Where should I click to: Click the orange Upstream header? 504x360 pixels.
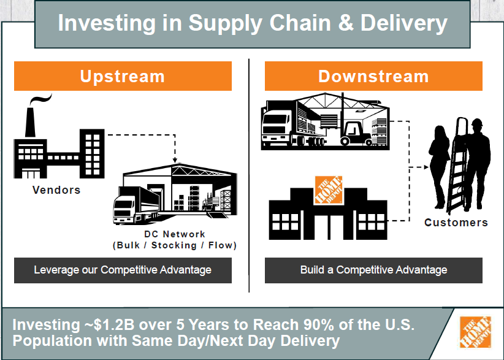(x=123, y=76)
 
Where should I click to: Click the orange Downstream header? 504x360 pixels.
(x=373, y=76)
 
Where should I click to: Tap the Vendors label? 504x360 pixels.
(x=56, y=190)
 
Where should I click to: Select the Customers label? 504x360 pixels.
(x=456, y=222)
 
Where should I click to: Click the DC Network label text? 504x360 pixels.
(x=175, y=234)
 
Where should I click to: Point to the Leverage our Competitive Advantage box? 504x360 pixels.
(x=123, y=270)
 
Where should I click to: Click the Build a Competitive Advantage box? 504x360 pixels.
(x=373, y=270)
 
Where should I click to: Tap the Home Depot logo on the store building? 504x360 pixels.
(x=328, y=191)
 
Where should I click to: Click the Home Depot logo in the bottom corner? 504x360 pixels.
(x=475, y=332)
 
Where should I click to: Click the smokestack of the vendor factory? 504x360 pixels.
(x=29, y=123)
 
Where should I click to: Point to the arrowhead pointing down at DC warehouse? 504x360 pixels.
(x=175, y=160)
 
